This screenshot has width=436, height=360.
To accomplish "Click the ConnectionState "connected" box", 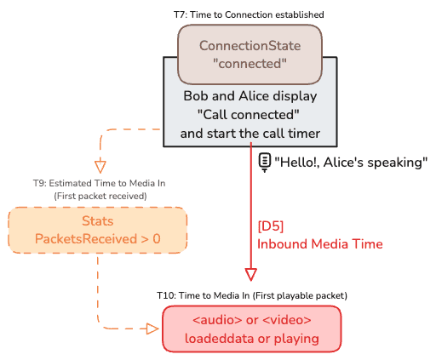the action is (x=250, y=54).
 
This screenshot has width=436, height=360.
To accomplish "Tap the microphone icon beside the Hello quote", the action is (x=265, y=163).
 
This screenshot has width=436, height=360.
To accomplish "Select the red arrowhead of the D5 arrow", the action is (x=251, y=274).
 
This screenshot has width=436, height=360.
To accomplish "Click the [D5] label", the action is (x=271, y=226).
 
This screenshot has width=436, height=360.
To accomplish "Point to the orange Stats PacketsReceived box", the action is (x=98, y=230).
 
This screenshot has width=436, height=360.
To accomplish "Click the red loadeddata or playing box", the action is (x=252, y=329).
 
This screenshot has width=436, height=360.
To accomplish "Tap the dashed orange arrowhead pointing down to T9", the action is (x=100, y=167).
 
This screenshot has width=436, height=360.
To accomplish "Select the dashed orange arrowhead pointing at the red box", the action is (x=152, y=329).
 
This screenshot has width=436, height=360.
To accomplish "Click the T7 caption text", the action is (x=249, y=14).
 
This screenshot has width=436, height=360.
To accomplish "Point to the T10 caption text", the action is (x=252, y=295).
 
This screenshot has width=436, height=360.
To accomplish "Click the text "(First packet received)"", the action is (x=100, y=196).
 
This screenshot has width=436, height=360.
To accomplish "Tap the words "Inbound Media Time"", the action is (x=320, y=244).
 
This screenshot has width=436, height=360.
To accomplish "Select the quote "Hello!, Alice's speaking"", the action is (x=351, y=163).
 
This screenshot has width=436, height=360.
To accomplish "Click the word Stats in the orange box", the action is (x=98, y=221).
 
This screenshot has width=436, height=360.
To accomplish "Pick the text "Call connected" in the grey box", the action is (x=249, y=115).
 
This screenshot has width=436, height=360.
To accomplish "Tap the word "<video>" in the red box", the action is (x=287, y=320).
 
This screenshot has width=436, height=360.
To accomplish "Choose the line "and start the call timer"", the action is (x=250, y=134).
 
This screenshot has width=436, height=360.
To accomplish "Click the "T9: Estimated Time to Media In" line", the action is (x=99, y=183).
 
